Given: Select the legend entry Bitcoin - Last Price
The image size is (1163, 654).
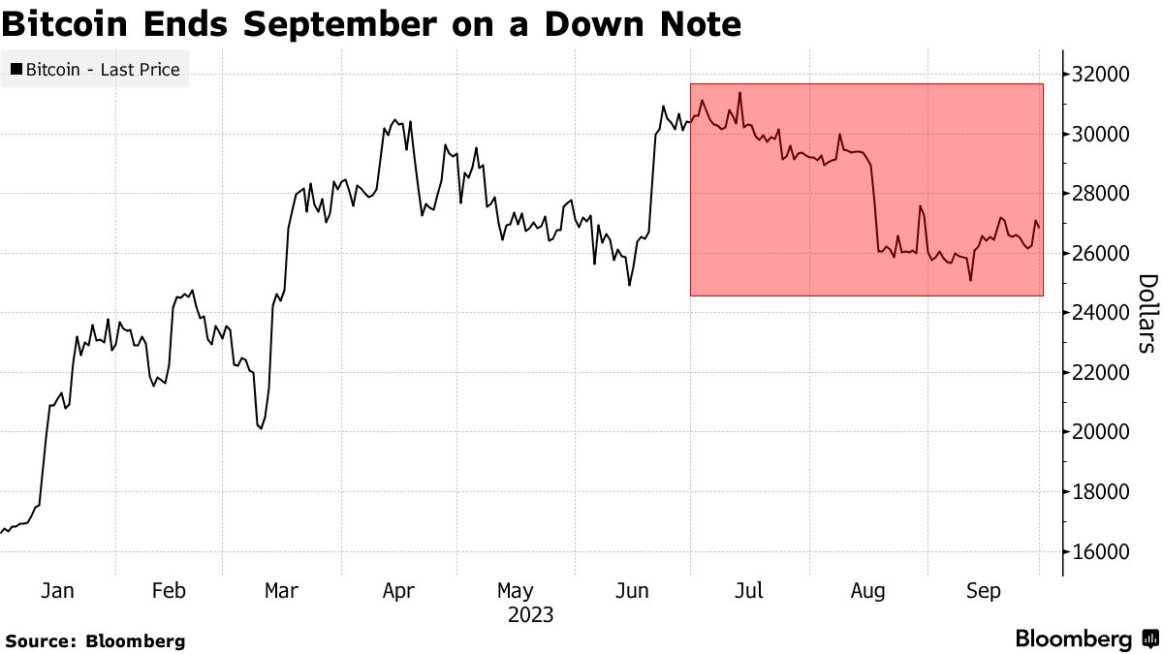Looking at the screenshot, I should [x=95, y=70].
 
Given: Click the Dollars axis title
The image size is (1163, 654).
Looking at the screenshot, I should [x=1147, y=313].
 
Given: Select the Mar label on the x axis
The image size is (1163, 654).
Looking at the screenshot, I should [x=281, y=591].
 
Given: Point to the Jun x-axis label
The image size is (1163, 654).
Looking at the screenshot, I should [x=633, y=591].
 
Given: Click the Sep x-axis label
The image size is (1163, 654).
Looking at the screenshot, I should [x=984, y=591].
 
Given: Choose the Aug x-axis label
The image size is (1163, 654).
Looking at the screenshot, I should [x=867, y=591].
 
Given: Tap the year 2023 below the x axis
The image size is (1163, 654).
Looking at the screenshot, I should [x=529, y=615].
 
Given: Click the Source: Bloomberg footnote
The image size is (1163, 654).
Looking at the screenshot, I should [x=95, y=640].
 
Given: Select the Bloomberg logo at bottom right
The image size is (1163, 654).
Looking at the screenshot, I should [x=1085, y=639].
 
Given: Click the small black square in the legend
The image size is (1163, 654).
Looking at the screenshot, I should [x=16, y=70].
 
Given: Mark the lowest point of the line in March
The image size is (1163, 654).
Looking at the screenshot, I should [x=261, y=428].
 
